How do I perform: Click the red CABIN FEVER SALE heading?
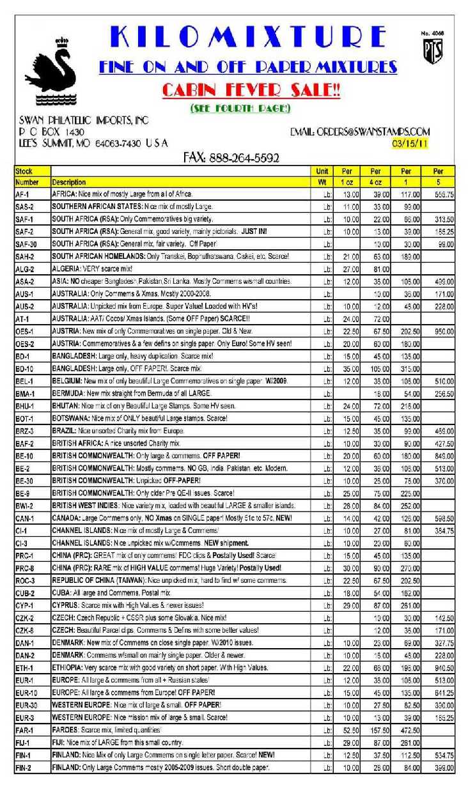(x=251, y=90)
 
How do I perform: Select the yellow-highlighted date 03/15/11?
(x=410, y=144)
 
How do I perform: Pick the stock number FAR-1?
(x=26, y=729)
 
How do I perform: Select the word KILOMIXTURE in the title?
(x=249, y=38)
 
